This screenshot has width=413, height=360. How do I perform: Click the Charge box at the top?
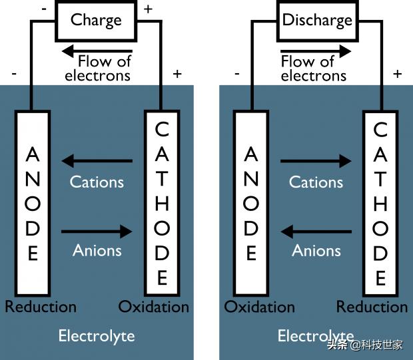click(96, 21)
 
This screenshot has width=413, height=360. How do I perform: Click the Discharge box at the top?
click(317, 21)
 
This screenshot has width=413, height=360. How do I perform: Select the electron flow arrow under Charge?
click(96, 51)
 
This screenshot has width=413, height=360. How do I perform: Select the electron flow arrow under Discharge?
click(316, 51)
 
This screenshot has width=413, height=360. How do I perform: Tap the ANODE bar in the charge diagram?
click(32, 204)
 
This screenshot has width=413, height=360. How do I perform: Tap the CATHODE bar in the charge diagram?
click(162, 204)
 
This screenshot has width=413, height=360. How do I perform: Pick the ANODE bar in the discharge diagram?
click(250, 204)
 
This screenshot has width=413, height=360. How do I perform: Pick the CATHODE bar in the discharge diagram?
click(380, 204)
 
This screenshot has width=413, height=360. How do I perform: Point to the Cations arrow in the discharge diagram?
click(316, 160)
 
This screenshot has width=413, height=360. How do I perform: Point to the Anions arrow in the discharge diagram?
click(316, 232)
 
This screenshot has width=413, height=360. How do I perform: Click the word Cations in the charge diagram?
click(97, 182)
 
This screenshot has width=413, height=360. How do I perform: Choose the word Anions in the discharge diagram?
click(316, 251)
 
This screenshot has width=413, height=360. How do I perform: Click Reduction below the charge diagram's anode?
click(41, 307)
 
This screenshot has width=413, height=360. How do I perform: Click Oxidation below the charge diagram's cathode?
click(154, 307)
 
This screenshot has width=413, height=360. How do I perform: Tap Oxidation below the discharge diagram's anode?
click(259, 307)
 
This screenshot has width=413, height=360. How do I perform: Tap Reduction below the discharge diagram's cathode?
click(372, 307)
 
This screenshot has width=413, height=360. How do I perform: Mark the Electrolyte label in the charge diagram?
click(97, 335)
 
